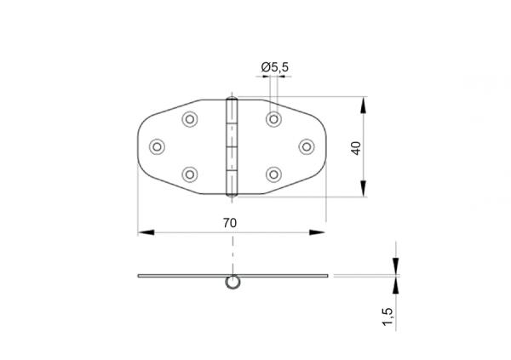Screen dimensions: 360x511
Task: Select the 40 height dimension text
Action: coord(356,147)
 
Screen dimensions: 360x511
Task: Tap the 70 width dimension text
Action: coord(229,222)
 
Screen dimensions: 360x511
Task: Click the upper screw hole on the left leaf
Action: coord(189,118)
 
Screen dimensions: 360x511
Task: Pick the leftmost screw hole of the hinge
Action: coord(158,146)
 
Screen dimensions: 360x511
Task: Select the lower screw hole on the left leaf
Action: coord(189,174)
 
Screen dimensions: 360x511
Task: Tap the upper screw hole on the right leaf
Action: coord(273,118)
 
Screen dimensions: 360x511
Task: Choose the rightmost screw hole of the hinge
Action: coord(304,146)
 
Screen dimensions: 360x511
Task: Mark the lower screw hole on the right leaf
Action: coord(273,174)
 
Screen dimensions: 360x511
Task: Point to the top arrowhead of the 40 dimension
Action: coord(365,105)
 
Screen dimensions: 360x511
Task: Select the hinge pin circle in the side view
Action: coord(231,283)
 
